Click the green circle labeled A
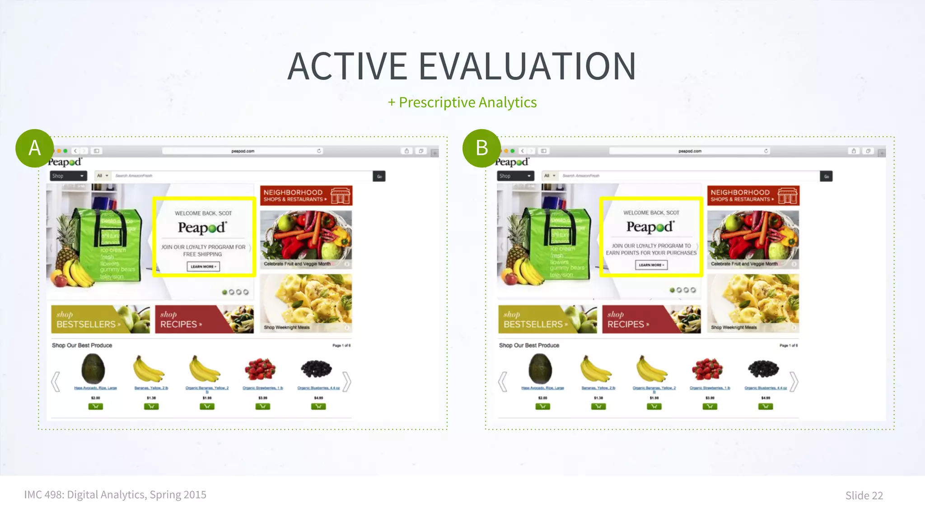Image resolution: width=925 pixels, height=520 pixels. coord(35,148)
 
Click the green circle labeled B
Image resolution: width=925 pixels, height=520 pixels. coord(482,148)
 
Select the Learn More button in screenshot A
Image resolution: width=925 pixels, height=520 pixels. coord(203,267)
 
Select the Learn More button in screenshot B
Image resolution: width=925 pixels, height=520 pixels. coord(651,265)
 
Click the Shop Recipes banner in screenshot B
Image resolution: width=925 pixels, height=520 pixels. coord(651,320)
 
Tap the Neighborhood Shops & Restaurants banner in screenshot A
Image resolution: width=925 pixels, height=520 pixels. coord(306,195)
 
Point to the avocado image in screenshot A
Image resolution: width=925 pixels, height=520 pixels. coord(93,368)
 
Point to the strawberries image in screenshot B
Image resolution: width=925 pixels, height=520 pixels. coord(707,368)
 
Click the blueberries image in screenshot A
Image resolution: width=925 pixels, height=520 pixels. coord(317,368)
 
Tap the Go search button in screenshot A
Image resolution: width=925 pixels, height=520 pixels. coord(379,176)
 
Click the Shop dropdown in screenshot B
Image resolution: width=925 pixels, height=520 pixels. coord(515,176)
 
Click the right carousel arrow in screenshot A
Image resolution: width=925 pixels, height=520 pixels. coord(346,381)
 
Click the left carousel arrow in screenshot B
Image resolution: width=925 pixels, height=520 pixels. coord(502,381)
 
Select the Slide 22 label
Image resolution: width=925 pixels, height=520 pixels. coord(864,496)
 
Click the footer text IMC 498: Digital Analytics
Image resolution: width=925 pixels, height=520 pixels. coord(115,495)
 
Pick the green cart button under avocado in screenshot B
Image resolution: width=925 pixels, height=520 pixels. coord(542,407)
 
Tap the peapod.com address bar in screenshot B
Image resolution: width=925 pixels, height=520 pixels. coord(690,151)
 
